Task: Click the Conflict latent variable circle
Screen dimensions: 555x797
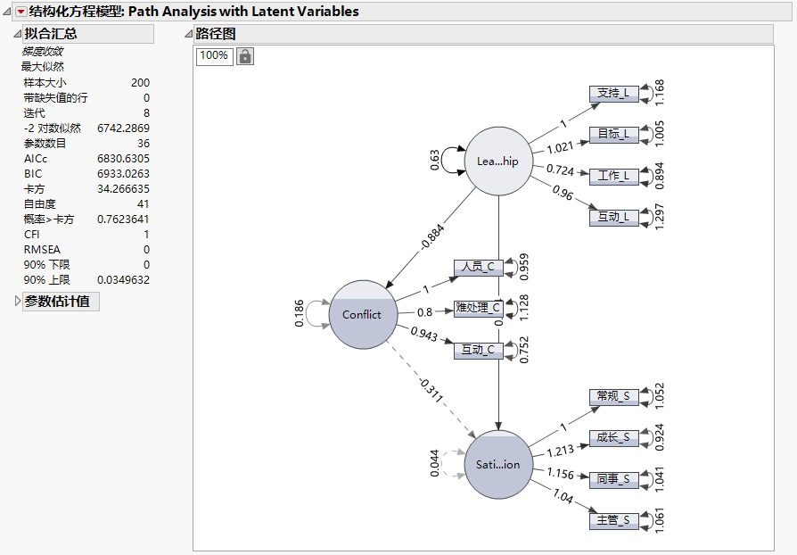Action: tap(362, 314)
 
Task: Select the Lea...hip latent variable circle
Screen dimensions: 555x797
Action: tap(498, 162)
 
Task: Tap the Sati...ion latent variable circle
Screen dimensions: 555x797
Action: tap(498, 464)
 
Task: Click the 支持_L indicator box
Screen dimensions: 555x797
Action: tap(614, 93)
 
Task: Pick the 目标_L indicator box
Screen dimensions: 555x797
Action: tap(614, 135)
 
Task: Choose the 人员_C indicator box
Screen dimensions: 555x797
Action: tap(479, 267)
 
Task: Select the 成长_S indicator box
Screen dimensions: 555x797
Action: tap(614, 438)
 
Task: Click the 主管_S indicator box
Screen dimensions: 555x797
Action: tap(614, 520)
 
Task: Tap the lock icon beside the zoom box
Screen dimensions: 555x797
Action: tap(244, 55)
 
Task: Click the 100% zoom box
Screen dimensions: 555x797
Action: tap(213, 55)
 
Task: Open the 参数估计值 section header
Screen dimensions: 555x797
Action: tap(56, 302)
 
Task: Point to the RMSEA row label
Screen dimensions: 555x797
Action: tap(41, 250)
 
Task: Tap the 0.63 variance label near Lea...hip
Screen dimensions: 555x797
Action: tap(435, 161)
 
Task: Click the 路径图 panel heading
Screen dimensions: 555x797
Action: tap(216, 34)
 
